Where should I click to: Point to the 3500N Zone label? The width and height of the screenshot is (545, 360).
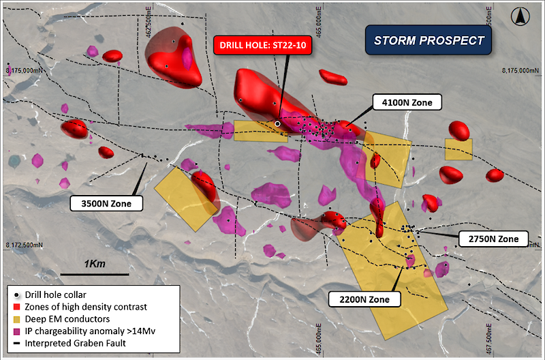(108, 202)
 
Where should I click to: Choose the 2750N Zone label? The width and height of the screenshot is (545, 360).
(493, 239)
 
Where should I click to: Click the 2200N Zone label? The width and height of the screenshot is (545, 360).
(362, 298)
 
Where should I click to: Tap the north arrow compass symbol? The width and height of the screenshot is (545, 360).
(522, 13)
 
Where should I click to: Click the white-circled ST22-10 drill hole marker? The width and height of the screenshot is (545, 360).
(278, 123)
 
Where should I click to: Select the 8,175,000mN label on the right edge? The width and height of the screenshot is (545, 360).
(521, 71)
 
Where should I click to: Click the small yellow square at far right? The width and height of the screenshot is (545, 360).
(458, 149)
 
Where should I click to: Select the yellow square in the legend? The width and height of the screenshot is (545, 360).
(16, 318)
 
